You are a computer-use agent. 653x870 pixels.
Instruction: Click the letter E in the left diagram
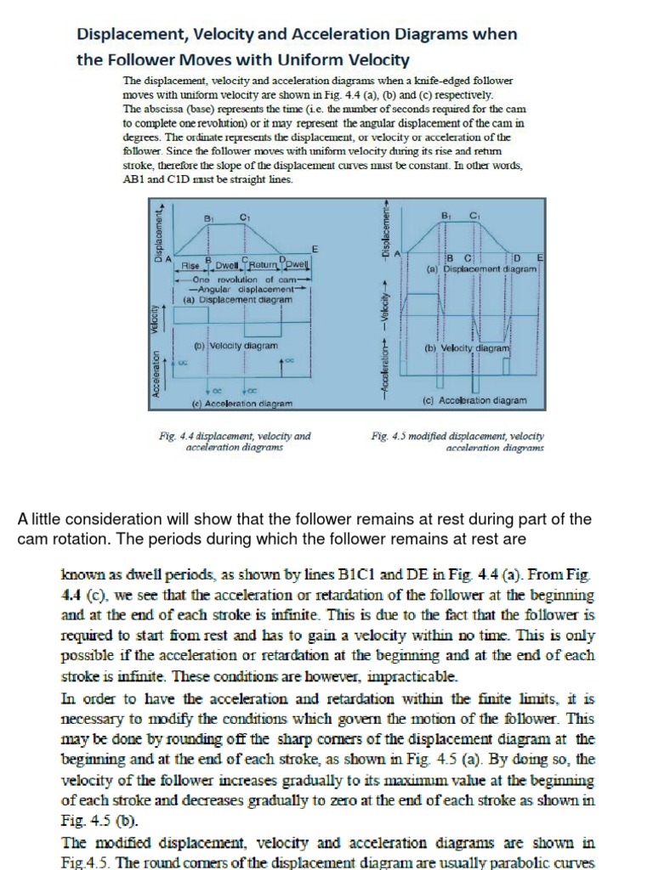click(315, 250)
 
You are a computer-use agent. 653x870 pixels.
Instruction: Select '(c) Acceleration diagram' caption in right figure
click(474, 400)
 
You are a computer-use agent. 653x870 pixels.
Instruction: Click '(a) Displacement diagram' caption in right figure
click(482, 268)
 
